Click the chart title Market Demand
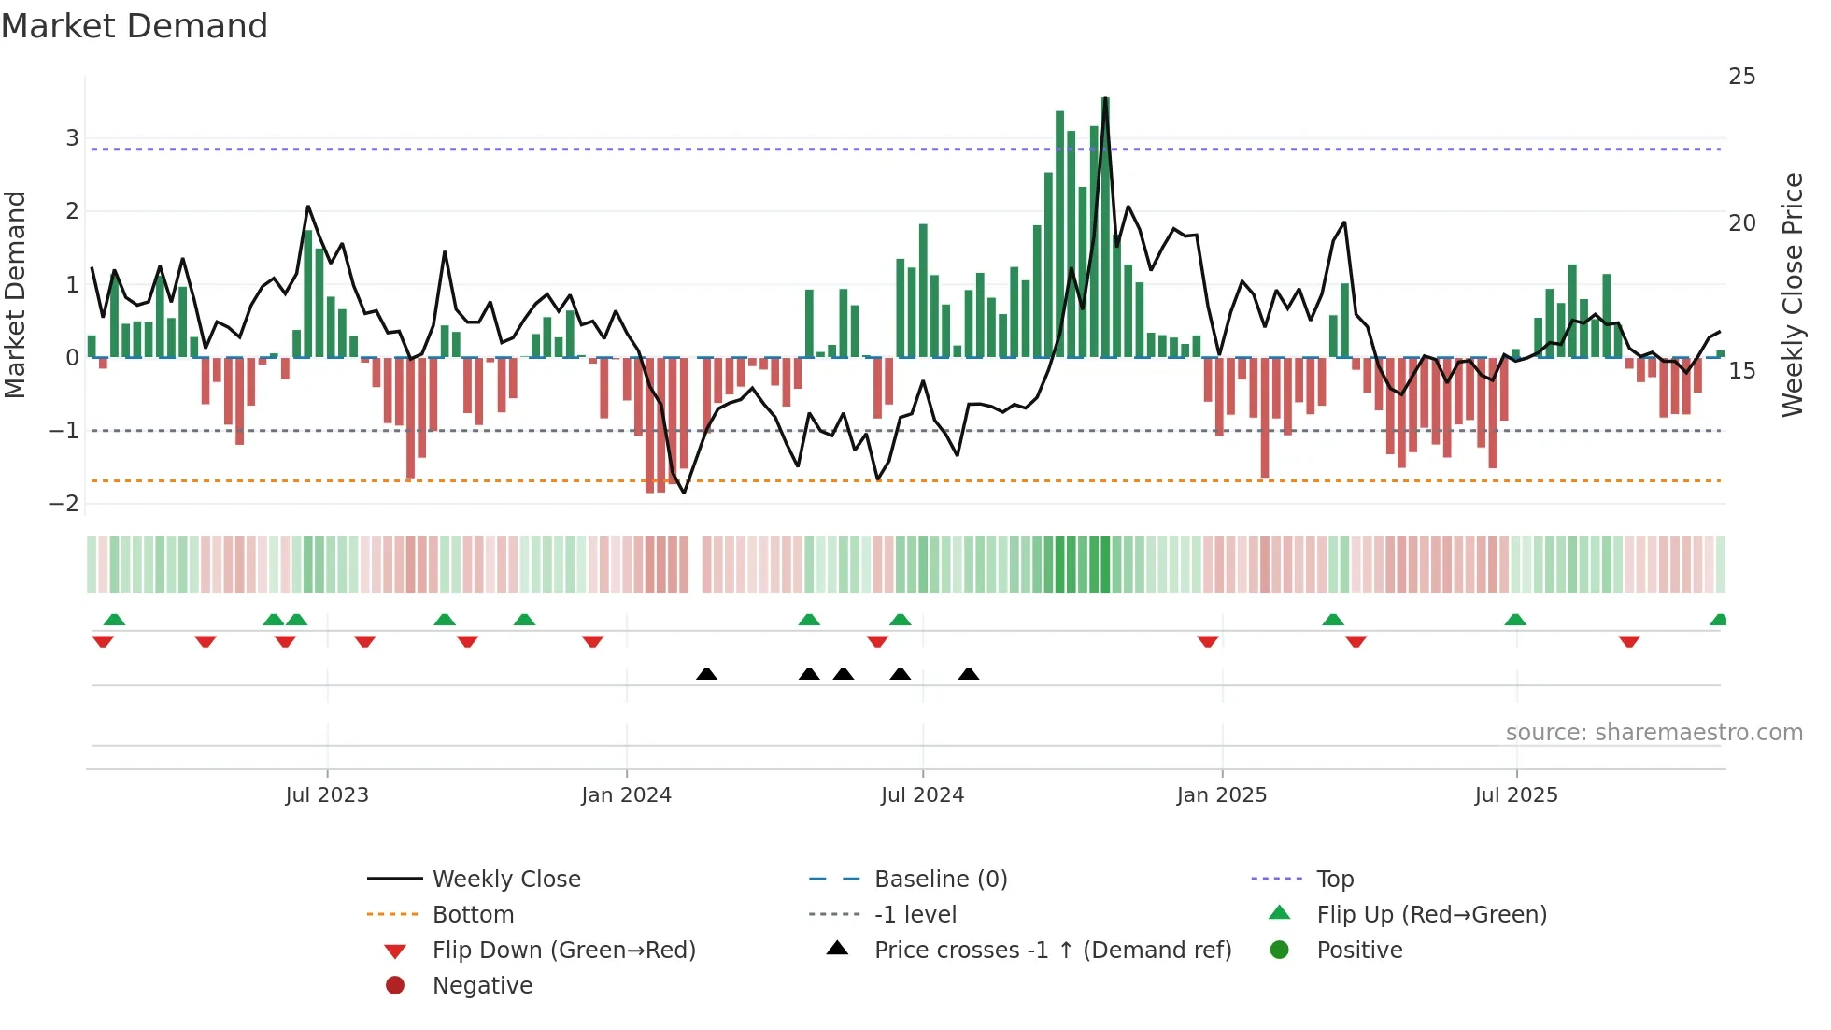tap(135, 26)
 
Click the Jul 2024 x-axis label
tap(922, 795)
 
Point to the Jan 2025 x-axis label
tap(1221, 795)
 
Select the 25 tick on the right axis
tap(1741, 77)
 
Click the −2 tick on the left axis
tap(64, 504)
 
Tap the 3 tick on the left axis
tap(72, 138)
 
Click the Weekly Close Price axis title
tap(1792, 294)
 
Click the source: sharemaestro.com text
tap(1654, 733)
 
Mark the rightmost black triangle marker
tap(969, 675)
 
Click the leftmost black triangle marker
tap(706, 675)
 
